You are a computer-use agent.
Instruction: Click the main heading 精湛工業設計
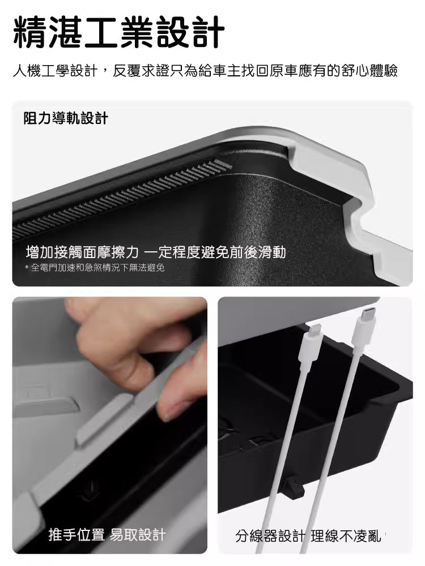[119, 33]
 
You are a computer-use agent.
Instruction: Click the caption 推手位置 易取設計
[107, 534]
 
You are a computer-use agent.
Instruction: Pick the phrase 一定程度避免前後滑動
[216, 252]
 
